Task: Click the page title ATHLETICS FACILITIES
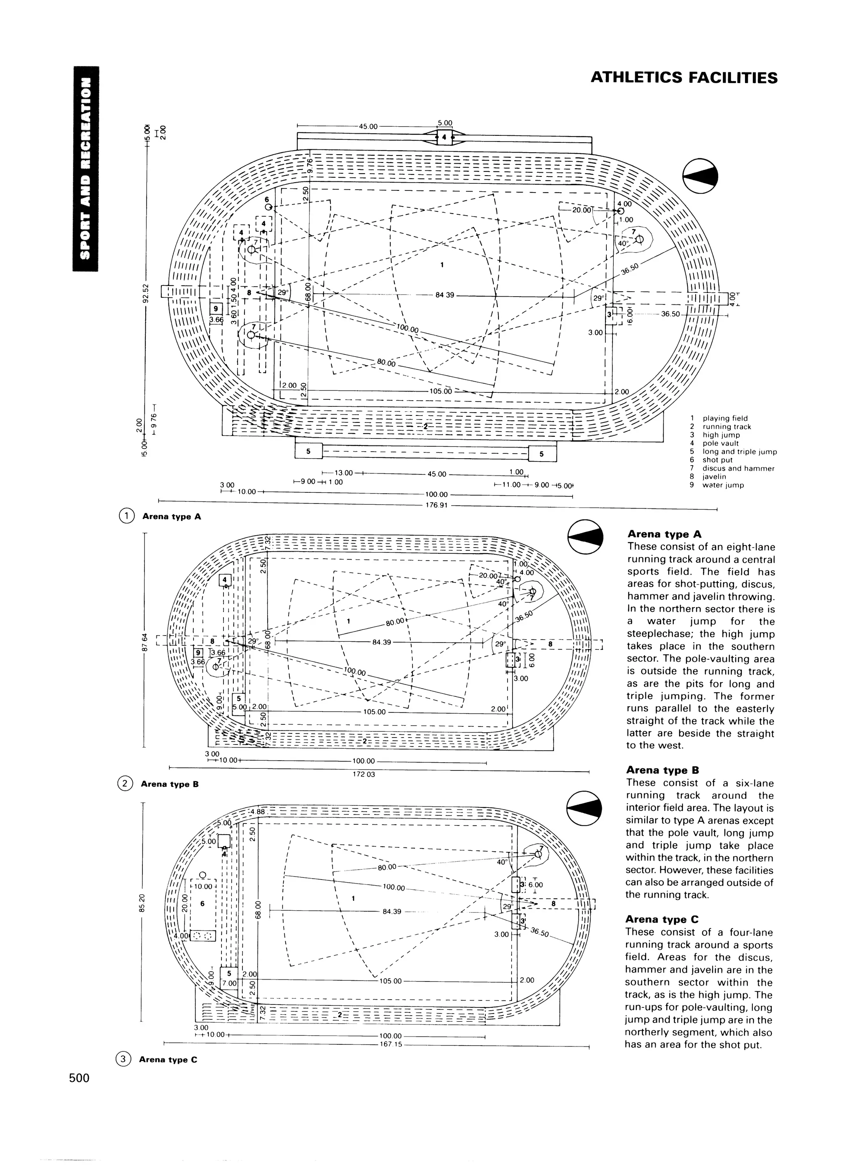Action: click(684, 78)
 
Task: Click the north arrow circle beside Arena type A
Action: click(700, 176)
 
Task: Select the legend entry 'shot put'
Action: click(718, 460)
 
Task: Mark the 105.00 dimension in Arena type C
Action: click(390, 981)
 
